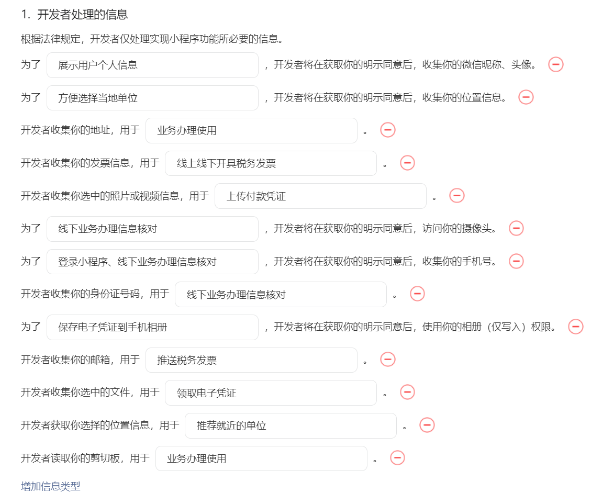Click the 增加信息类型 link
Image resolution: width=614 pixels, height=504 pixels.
(x=50, y=486)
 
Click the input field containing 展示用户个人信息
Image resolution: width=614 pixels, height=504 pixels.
(x=152, y=65)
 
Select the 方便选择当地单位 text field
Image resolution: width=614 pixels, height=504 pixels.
(x=152, y=98)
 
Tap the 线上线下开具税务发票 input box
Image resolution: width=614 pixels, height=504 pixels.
(x=271, y=163)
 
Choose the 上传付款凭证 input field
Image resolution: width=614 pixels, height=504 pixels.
(x=320, y=196)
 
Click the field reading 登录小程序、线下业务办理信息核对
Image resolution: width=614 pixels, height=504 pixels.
(x=152, y=262)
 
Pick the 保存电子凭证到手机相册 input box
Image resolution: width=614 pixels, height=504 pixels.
(x=152, y=327)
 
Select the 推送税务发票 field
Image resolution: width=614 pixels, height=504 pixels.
(x=251, y=360)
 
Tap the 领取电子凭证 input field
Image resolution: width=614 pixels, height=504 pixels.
(x=271, y=393)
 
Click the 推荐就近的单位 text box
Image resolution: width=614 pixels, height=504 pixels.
(x=291, y=425)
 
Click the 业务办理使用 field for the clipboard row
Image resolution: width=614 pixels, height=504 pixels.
(x=261, y=458)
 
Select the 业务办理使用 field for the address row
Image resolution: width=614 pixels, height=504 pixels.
(x=251, y=131)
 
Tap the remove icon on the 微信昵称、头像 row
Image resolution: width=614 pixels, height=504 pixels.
(x=555, y=64)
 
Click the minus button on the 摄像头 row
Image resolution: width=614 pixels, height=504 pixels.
(x=516, y=228)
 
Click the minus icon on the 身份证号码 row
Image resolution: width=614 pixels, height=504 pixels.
(x=417, y=294)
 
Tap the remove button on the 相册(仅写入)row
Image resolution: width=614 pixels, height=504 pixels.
(x=575, y=327)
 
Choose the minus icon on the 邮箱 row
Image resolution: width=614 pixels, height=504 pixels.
(x=388, y=359)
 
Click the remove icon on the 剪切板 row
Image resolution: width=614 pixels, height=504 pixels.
(x=397, y=458)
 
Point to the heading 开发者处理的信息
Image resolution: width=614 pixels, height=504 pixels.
(x=82, y=15)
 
